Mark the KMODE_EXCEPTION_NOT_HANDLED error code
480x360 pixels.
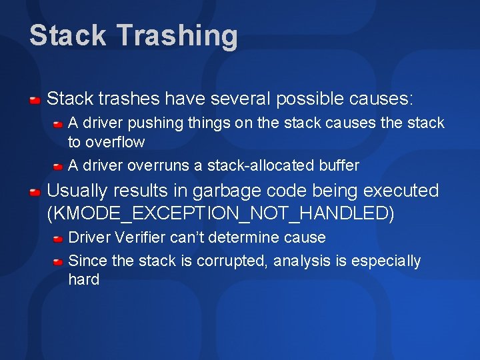tap(221, 214)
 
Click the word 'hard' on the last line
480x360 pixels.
tap(83, 280)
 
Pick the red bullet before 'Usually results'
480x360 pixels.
tap(35, 192)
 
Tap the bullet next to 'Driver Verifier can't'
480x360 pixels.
tap(59, 238)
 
